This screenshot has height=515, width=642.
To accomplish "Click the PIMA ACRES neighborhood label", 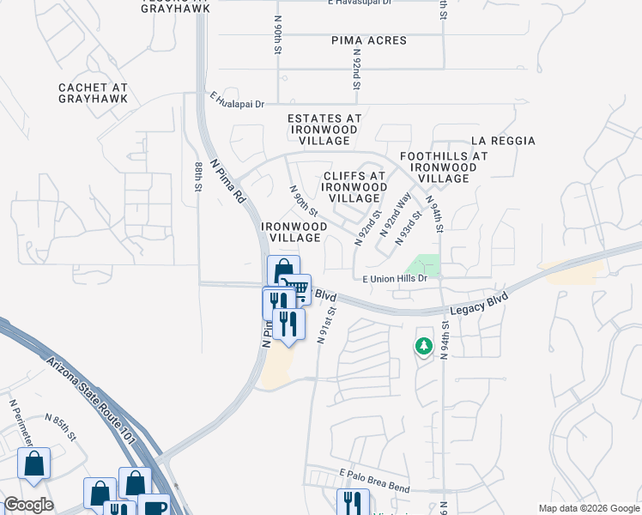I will pyautogui.click(x=369, y=40).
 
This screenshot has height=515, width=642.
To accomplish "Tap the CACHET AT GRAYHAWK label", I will pyautogui.click(x=94, y=93).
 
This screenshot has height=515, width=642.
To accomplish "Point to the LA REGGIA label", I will pyautogui.click(x=503, y=141).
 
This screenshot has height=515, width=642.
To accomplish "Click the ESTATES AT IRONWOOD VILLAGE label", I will pyautogui.click(x=324, y=129).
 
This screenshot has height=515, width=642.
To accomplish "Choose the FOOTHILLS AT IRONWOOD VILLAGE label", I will pyautogui.click(x=444, y=167).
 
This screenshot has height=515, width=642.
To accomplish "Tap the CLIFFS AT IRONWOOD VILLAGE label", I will pyautogui.click(x=355, y=186).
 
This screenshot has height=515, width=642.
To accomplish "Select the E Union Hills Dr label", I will pyautogui.click(x=395, y=279).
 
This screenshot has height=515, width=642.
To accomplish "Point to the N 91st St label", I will pyautogui.click(x=324, y=323).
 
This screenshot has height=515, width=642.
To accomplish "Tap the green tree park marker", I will pyautogui.click(x=422, y=346).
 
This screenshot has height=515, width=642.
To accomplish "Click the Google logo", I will pyautogui.click(x=28, y=505).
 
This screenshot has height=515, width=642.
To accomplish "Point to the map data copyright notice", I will pyautogui.click(x=588, y=508).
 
